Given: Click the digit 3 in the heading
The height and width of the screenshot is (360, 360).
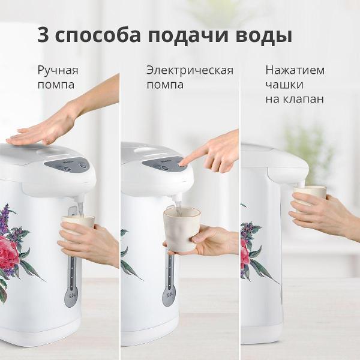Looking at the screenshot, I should (43, 34).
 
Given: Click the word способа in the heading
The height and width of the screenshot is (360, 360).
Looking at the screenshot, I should (97, 35).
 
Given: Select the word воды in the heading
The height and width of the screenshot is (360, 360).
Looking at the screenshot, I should (265, 34).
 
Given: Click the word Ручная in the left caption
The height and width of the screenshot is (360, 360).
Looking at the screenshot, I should (58, 70).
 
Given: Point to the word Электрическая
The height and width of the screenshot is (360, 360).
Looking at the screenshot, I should (190, 70).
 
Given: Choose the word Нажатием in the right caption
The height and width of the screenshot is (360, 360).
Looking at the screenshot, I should (295, 70).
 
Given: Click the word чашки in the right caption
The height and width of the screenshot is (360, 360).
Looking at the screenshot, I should (284, 85).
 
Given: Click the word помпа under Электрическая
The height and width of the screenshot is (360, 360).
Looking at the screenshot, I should (165, 85).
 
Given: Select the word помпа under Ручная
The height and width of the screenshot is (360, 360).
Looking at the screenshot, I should (56, 85).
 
